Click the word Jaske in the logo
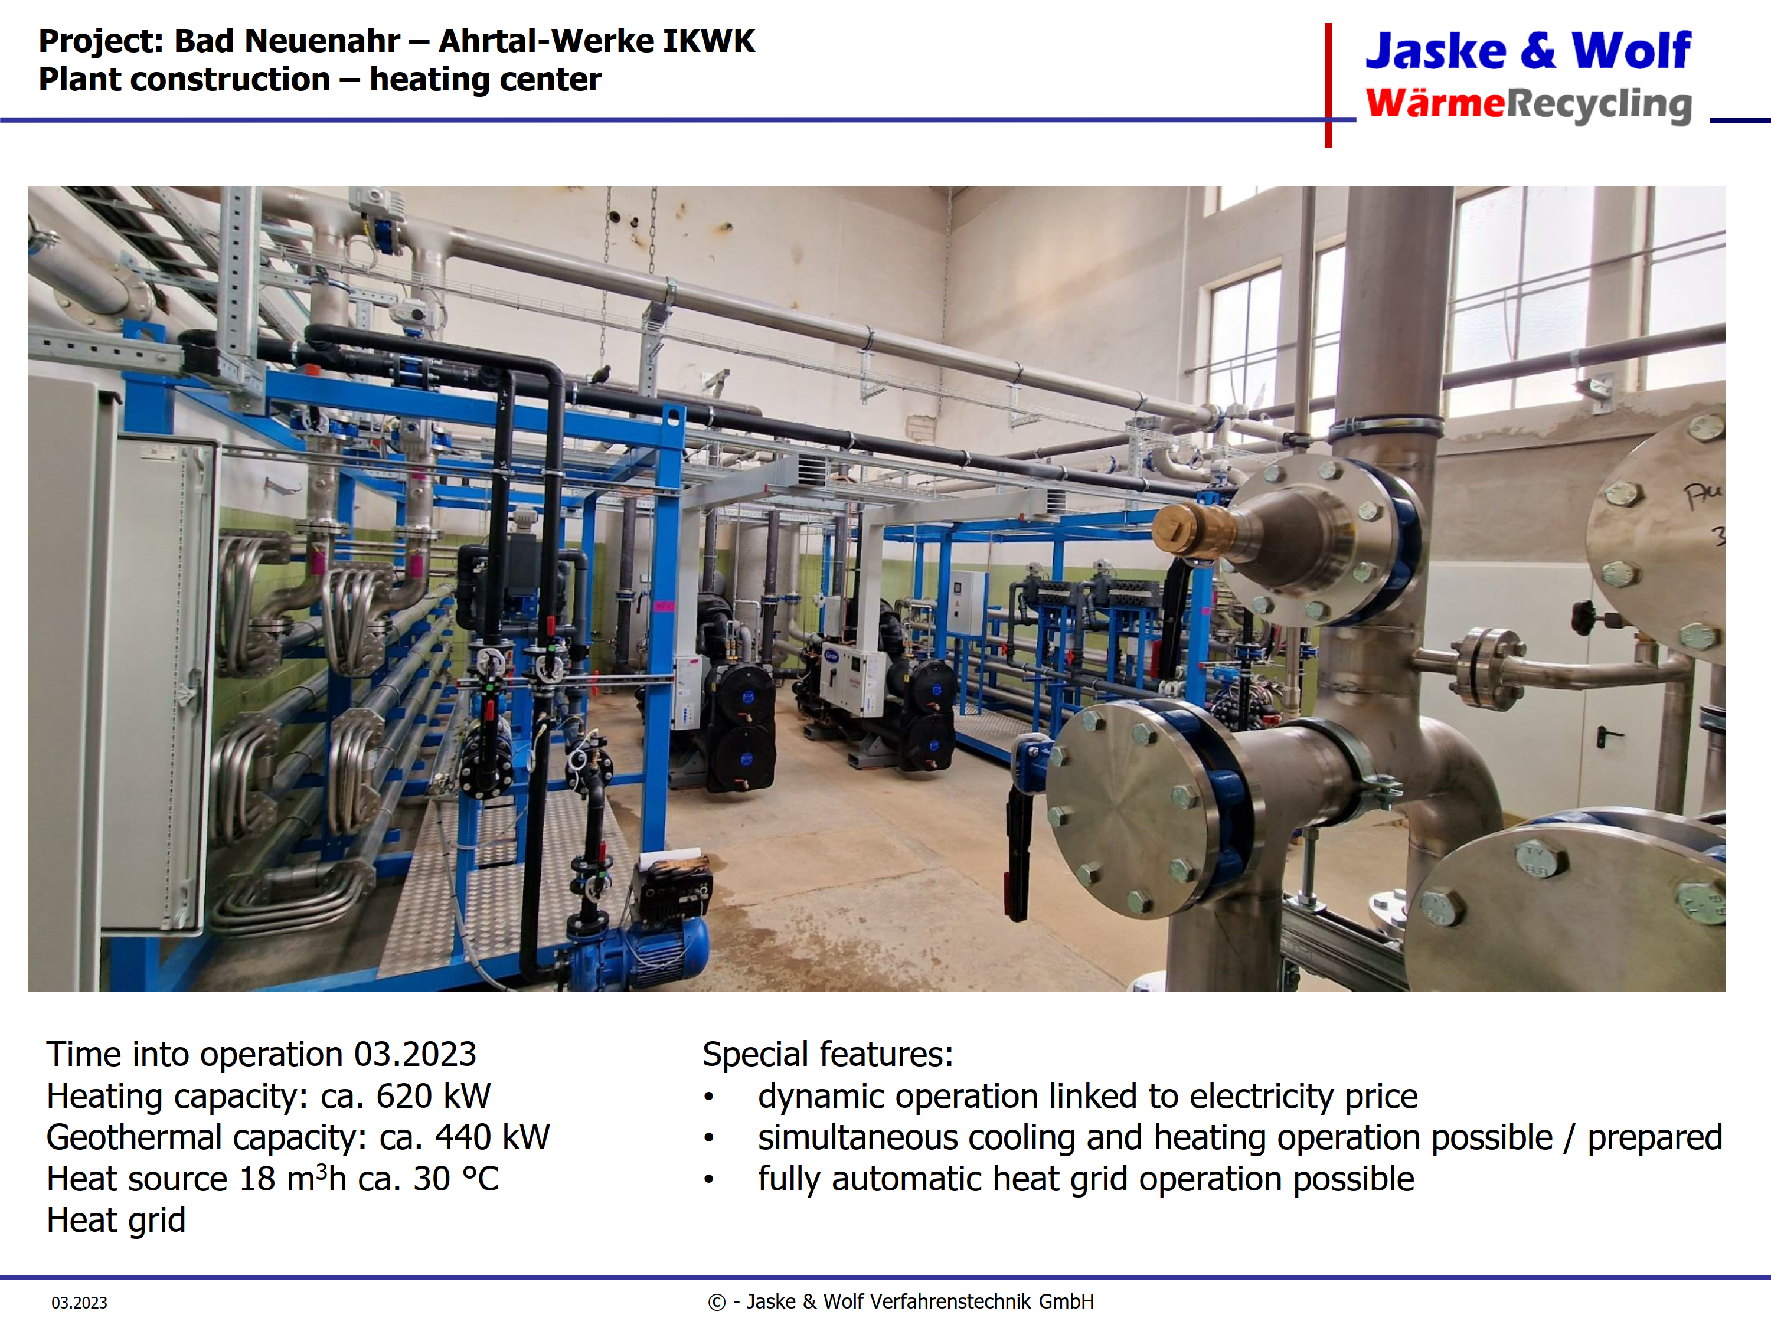[1436, 51]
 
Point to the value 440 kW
[492, 1137]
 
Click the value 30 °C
[456, 1179]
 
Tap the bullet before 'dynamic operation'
[708, 1097]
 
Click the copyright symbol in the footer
[717, 1303]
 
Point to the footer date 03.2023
[79, 1303]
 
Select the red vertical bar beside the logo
[1328, 85]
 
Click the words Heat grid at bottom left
[116, 1221]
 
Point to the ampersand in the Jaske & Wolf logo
[1538, 51]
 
